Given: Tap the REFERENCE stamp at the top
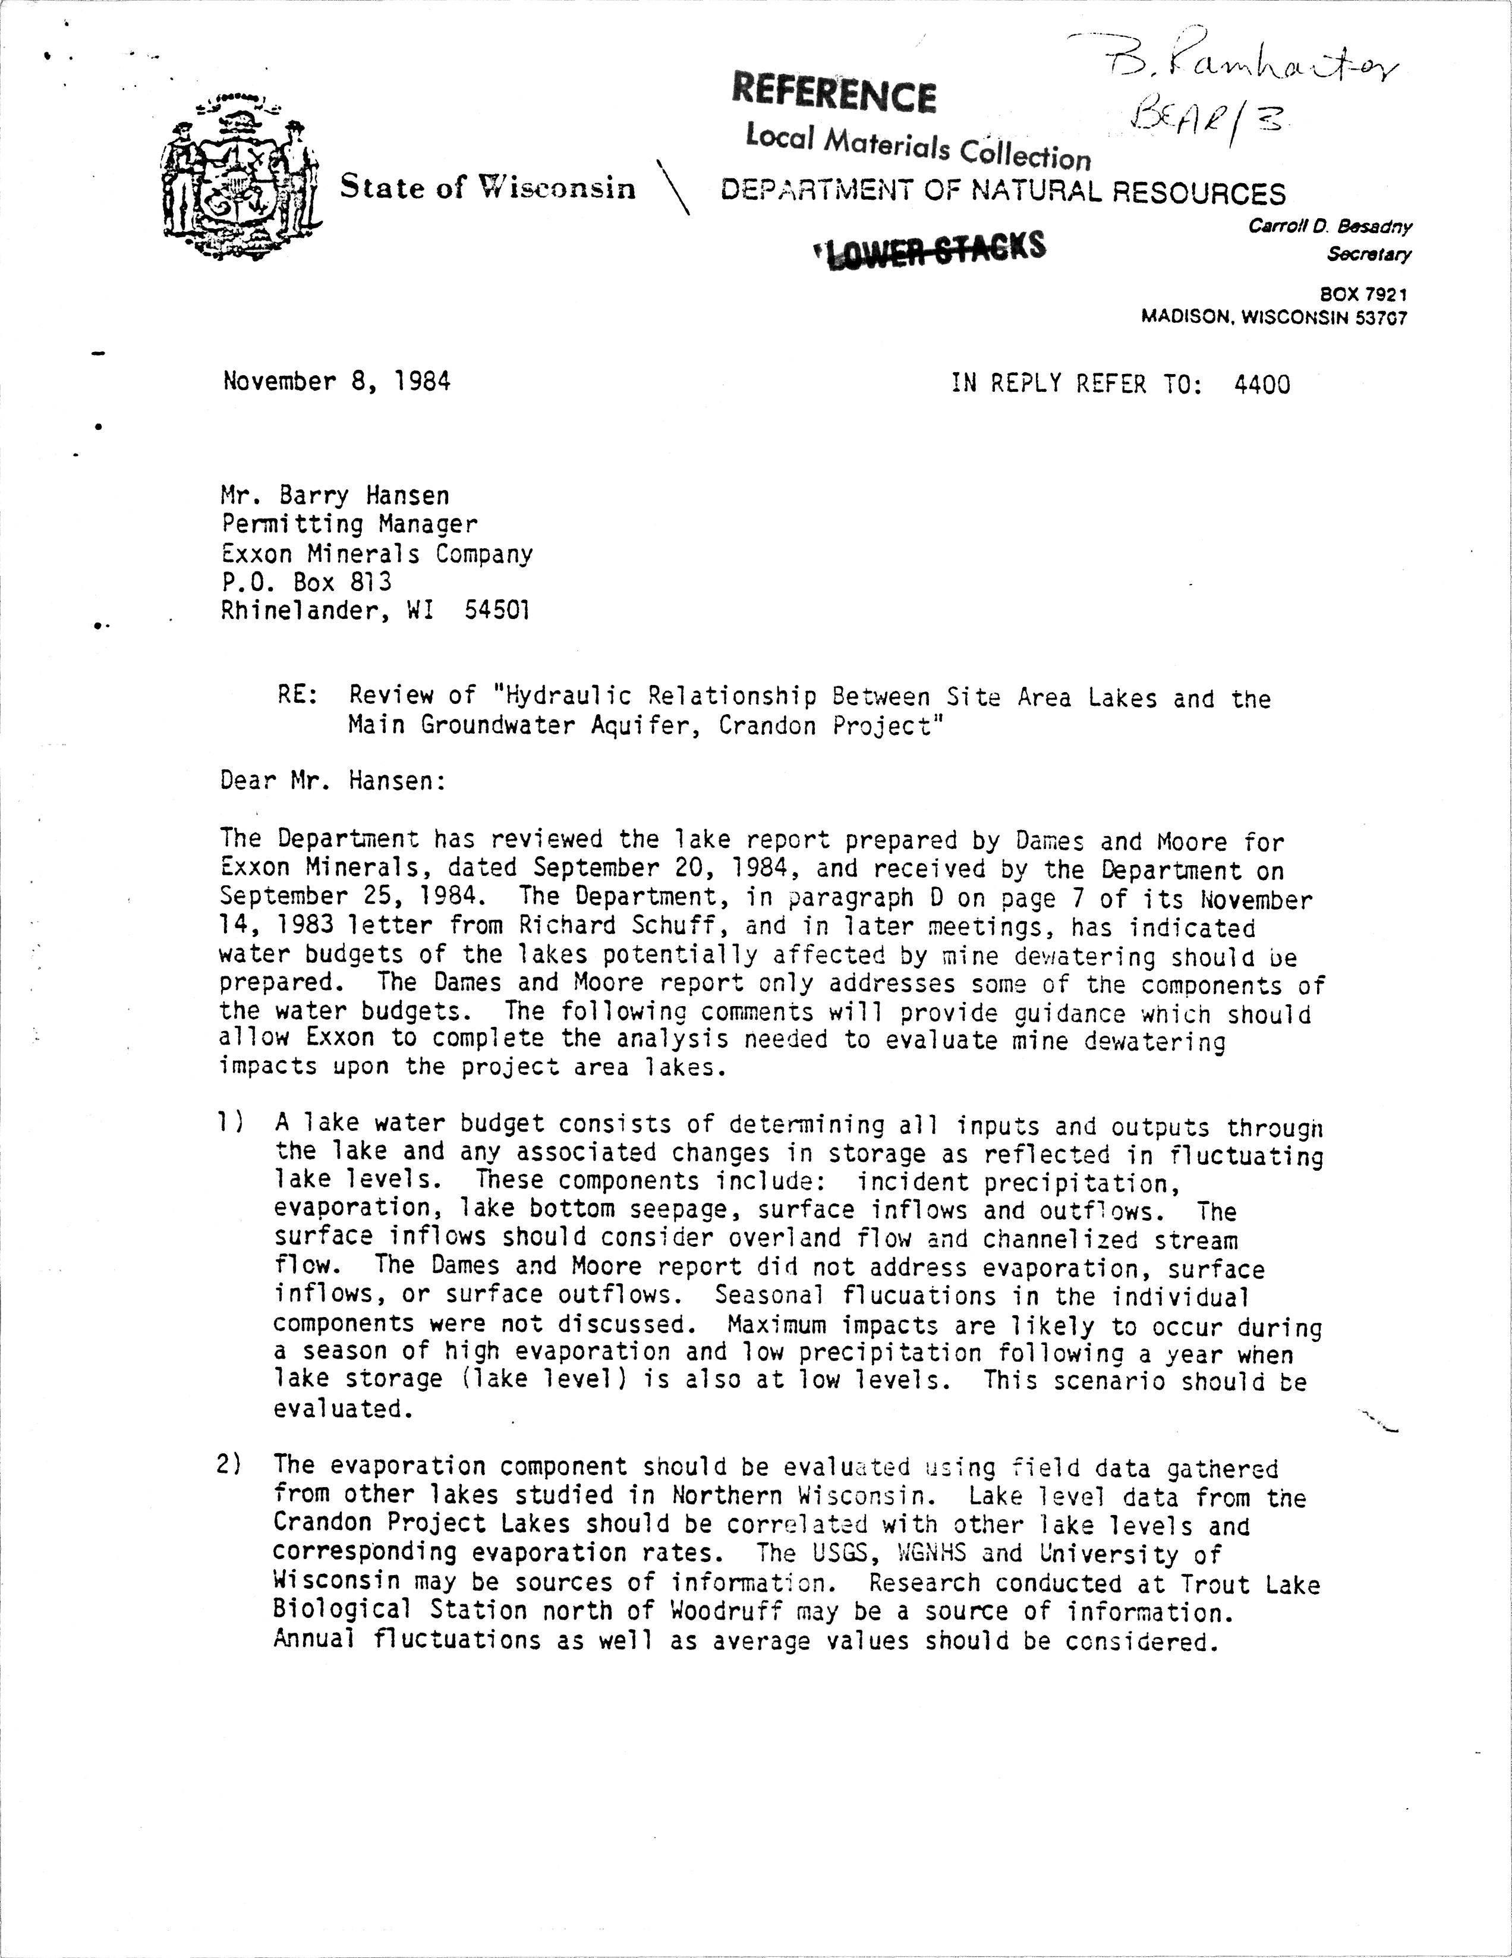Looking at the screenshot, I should pyautogui.click(x=833, y=94).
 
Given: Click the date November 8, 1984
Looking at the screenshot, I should pyautogui.click(x=336, y=382).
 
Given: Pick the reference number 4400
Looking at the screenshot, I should pyautogui.click(x=1262, y=385).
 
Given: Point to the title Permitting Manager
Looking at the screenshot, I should pyautogui.click(x=349, y=524).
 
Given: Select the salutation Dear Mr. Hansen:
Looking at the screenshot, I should pyautogui.click(x=332, y=782).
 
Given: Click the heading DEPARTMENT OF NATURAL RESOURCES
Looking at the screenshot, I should pyautogui.click(x=1003, y=193).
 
